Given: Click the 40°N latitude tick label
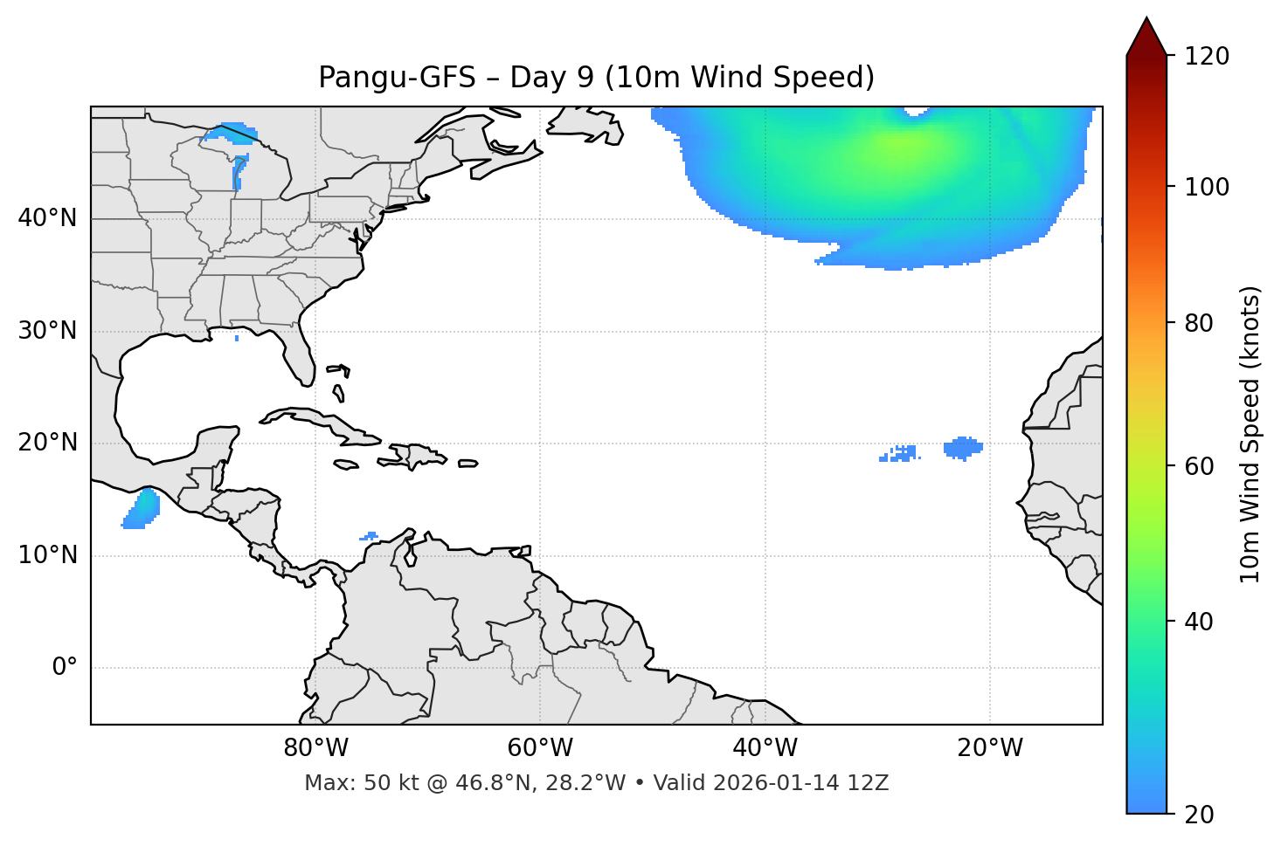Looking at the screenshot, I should point(47,218).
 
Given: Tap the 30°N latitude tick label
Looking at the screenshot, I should point(47,331).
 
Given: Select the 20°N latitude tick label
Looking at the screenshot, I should point(47,443).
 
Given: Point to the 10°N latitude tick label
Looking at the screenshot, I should point(47,555).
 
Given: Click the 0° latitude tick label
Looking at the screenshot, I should point(64,668).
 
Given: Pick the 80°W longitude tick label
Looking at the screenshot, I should point(315,748).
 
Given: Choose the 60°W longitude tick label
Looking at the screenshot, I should point(540,748).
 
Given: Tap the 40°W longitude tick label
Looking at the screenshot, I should point(765,748).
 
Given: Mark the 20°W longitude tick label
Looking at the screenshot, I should point(990,748).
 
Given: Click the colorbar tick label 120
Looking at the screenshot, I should point(1207,57).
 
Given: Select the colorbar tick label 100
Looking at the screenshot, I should point(1207,187).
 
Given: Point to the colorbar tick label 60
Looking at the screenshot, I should point(1199,467).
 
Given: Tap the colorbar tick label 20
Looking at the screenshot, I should point(1199,815).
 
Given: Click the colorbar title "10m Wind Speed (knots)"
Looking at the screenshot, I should point(1250,435).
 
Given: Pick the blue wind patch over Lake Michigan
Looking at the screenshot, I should point(239,172).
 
